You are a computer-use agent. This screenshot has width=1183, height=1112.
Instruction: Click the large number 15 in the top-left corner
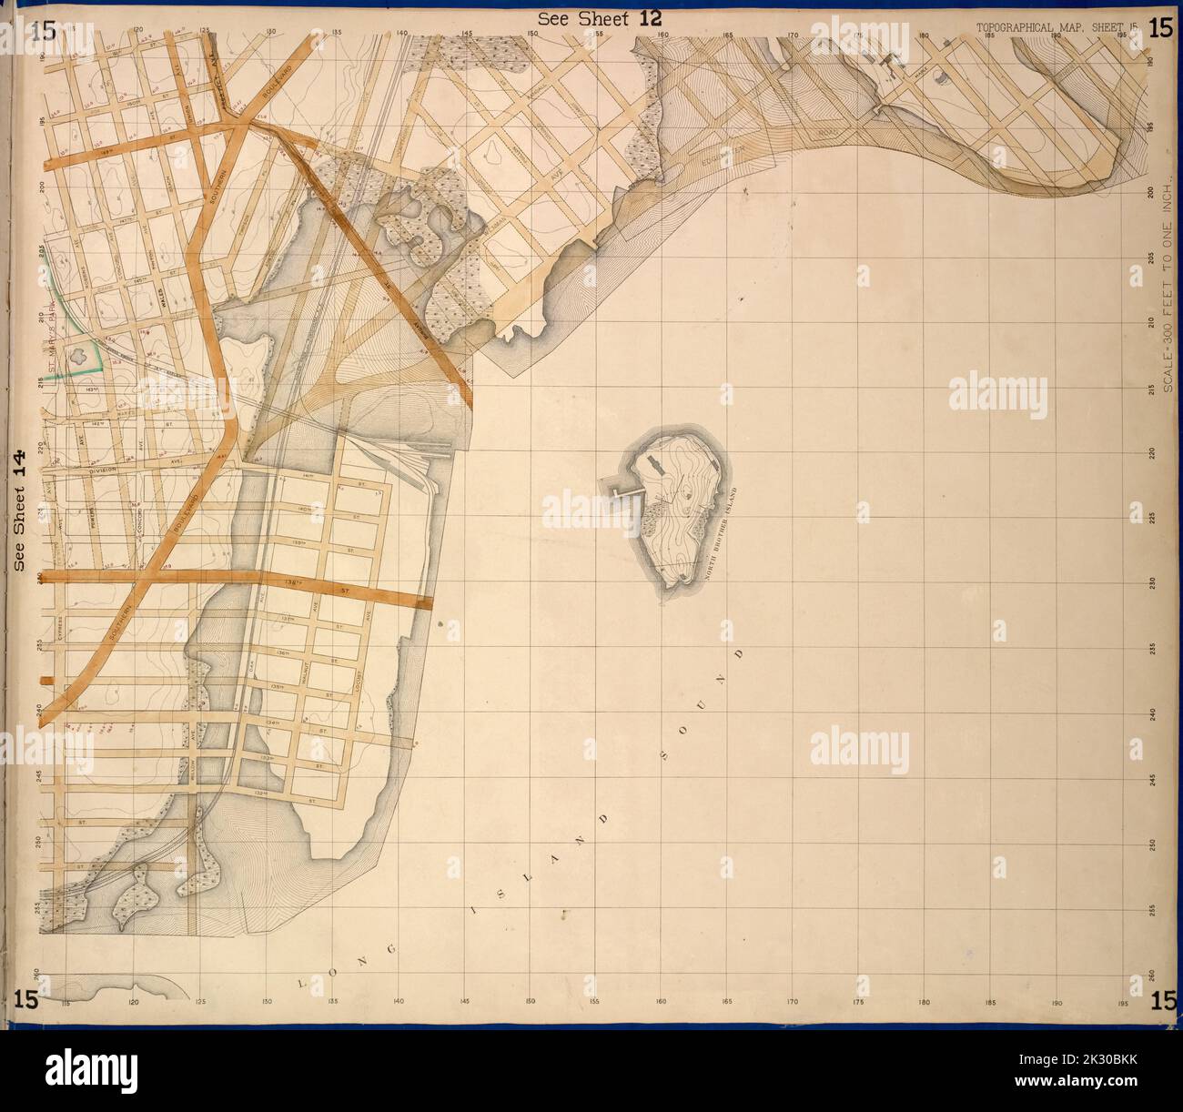(43, 30)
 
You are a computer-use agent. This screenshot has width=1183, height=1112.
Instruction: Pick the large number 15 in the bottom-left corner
(25, 999)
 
